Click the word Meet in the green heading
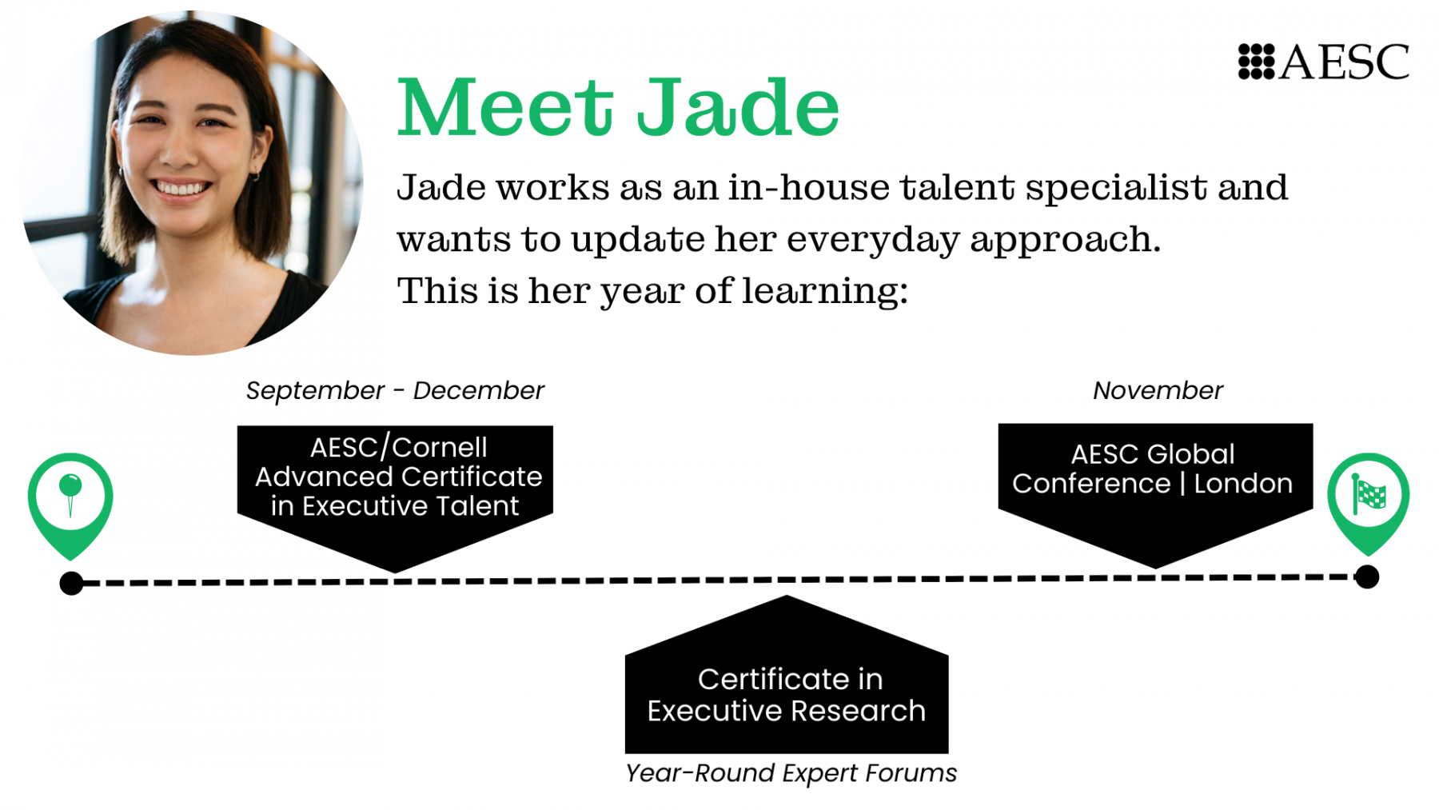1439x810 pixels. tap(505, 107)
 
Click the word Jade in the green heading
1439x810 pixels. tap(738, 107)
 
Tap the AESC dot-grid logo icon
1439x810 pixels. tap(1256, 62)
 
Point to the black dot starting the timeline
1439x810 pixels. tap(71, 584)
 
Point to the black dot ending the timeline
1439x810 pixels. tap(1367, 577)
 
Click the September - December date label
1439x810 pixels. tap(395, 390)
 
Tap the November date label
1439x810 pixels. tap(1158, 390)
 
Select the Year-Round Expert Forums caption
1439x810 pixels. tap(791, 773)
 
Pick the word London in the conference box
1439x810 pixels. tap(1243, 484)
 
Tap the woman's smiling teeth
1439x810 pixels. tap(181, 189)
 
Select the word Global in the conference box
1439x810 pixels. tap(1192, 454)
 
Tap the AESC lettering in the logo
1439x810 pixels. tap(1345, 62)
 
